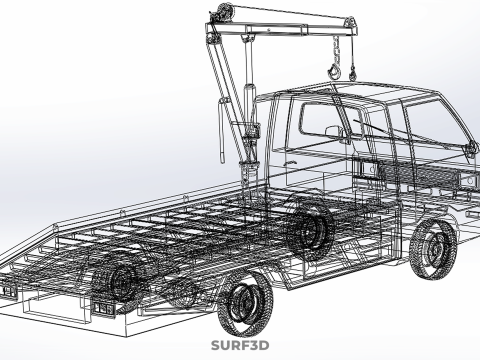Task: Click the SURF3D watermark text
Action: point(240,345)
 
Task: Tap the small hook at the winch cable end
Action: point(352,75)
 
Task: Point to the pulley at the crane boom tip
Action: point(350,22)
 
